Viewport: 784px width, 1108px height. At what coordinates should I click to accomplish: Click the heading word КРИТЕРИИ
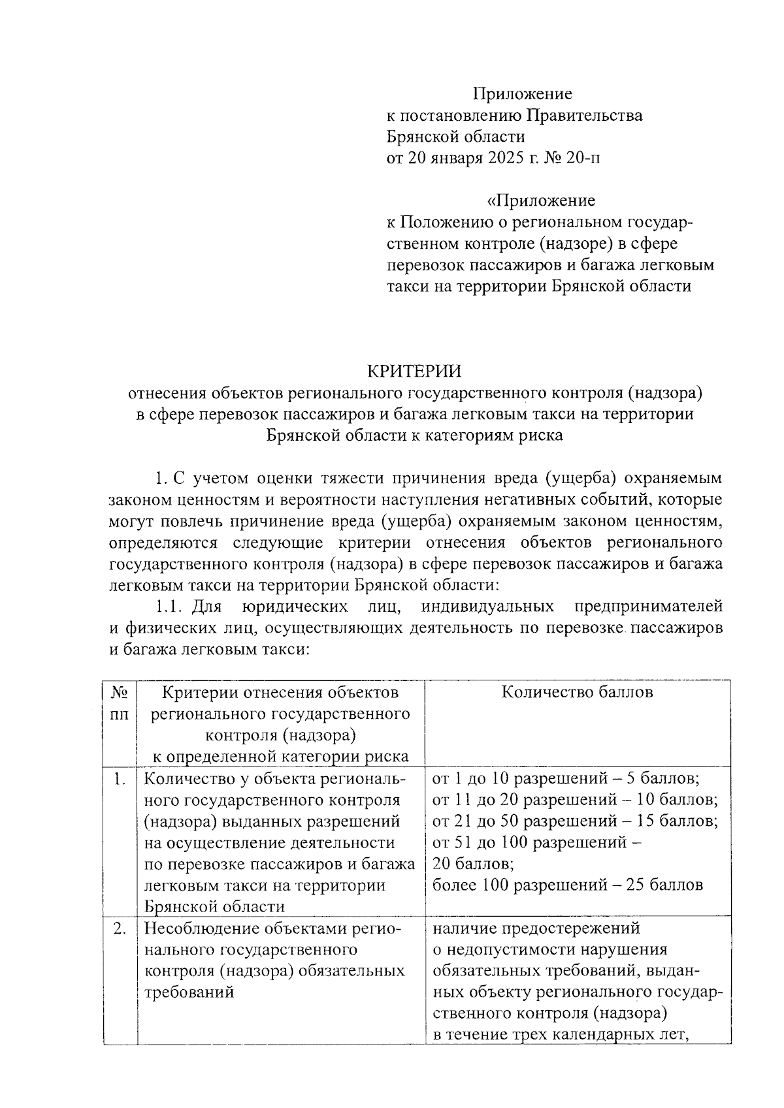414,372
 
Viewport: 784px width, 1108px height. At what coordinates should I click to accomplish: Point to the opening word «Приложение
541,200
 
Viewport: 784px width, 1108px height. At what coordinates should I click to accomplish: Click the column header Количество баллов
577,692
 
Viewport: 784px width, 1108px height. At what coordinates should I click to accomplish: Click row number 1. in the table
120,778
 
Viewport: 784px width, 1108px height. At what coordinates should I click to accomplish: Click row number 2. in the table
120,928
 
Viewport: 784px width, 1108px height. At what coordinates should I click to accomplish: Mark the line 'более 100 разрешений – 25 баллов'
568,885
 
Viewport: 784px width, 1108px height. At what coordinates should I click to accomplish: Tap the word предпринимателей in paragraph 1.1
648,607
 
